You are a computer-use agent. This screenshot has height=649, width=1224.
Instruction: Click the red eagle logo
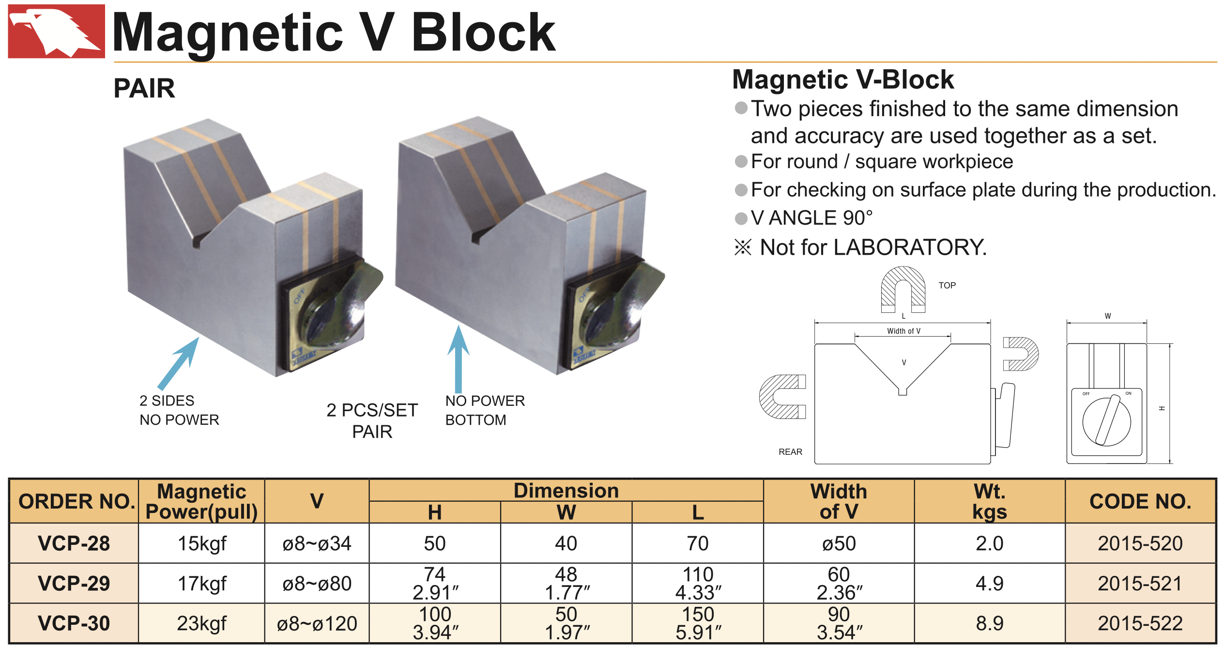[x=56, y=31]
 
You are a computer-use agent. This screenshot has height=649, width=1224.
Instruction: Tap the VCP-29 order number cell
[x=74, y=583]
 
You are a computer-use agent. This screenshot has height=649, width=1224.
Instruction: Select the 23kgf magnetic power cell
[x=201, y=623]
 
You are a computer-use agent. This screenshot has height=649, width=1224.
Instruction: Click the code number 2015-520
[x=1140, y=543]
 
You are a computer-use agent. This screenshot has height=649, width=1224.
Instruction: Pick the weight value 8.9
[x=989, y=623]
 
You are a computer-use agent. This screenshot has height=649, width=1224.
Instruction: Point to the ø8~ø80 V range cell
[x=317, y=584]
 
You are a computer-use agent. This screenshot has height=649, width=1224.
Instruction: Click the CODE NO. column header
[x=1140, y=501]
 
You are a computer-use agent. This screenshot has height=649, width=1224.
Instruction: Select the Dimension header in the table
[x=566, y=491]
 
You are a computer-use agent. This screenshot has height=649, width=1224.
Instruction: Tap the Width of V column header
[x=839, y=501]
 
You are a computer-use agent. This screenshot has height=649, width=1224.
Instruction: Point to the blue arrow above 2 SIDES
[x=178, y=364]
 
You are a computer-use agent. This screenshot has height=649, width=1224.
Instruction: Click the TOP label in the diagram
[x=947, y=285]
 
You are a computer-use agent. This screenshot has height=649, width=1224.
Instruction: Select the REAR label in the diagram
[x=790, y=452]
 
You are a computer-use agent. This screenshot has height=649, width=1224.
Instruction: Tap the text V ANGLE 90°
[x=811, y=218]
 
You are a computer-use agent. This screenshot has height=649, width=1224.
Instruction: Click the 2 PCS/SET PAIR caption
[x=372, y=420]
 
